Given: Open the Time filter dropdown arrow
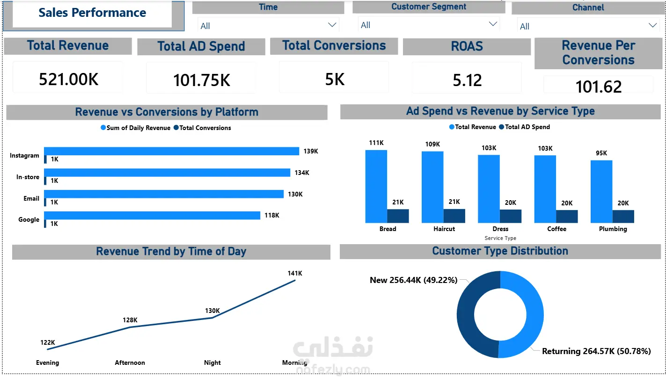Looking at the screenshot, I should point(332,25).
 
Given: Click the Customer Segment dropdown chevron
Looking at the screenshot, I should point(493,24).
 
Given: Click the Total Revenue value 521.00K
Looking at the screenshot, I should point(69,79).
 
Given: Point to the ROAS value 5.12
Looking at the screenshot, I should point(467,80).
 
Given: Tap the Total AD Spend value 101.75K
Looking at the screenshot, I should point(202,80).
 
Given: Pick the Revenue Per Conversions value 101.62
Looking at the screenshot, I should point(599,87).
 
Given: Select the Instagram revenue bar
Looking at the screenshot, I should point(171,151).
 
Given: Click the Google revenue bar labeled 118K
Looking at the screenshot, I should point(152,215).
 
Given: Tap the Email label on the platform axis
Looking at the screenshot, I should point(31,198).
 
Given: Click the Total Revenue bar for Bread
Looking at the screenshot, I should point(376,186).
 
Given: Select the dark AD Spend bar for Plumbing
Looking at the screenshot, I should point(623,216).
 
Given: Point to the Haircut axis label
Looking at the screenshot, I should point(444,229).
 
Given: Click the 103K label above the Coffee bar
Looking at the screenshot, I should point(545,148).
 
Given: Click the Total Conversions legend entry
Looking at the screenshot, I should point(202,128).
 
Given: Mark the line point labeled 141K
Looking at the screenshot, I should point(295,280).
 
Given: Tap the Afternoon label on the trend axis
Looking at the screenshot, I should point(130,362).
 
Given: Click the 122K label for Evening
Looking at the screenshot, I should point(48,342).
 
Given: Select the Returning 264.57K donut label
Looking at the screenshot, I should point(596,351).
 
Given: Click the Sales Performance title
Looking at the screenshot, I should point(92,13).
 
